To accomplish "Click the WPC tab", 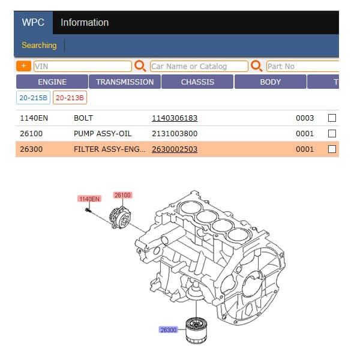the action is pos(33,23).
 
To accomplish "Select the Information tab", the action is pos(85,23).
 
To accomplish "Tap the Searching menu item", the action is pos(39,45).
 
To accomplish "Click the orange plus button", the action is pos(23,66).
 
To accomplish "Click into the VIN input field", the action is pos(83,67).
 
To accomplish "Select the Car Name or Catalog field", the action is pos(199,67).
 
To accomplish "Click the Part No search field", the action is pos(302,67).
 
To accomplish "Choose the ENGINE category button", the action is pos(52,82).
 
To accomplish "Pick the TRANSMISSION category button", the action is pos(125,82).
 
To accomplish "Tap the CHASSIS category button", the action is pos(197,82).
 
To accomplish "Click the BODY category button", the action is pos(270,82).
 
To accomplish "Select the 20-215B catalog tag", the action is pos(33,98).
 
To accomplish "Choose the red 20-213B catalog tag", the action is pos(70,98).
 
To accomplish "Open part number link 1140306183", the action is pos(175,118).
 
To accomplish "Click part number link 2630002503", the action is pos(175,149).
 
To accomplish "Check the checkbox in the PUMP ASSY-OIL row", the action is pos(332,134).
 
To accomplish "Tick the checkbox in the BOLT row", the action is pos(332,118).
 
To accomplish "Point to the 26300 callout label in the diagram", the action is pos(168,329).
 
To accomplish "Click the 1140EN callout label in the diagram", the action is pos(89,199).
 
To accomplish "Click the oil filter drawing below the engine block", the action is pos(196,331).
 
